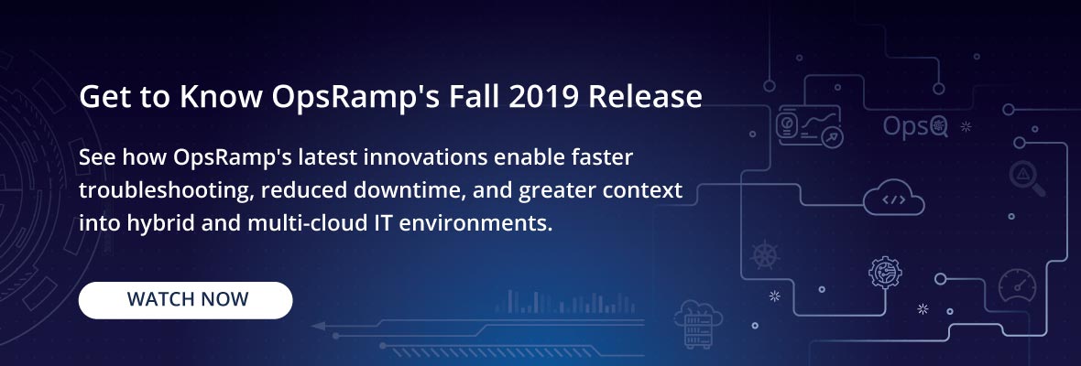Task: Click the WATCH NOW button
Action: pos(185,300)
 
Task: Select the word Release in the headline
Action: pos(645,97)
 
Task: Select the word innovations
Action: pos(427,157)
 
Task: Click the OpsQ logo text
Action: pos(915,126)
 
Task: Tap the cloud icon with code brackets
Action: pos(893,199)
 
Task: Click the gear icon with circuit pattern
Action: pos(885,273)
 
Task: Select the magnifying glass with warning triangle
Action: pos(1027,178)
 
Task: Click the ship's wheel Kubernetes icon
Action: pos(765,254)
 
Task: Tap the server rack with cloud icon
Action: pos(698,324)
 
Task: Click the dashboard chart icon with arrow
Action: pos(809,126)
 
